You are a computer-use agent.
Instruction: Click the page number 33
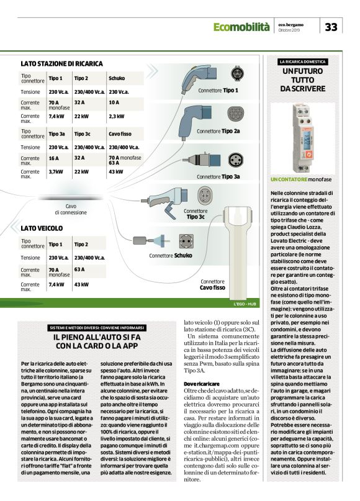coord(331,27)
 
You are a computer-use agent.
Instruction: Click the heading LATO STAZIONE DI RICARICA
coord(61,63)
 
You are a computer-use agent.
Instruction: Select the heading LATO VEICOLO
coord(42,228)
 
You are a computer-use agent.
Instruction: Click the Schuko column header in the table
coord(117,79)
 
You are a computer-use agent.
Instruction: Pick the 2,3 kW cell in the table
coord(117,116)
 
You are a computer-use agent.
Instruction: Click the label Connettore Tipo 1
coord(218,90)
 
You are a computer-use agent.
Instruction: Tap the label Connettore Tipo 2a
coord(218,132)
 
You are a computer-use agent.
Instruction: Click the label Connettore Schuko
coord(171,255)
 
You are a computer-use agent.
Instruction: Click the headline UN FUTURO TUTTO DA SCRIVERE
coord(303,80)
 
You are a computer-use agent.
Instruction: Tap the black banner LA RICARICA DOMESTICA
coord(303,62)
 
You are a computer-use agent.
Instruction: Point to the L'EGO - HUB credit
coord(245,304)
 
